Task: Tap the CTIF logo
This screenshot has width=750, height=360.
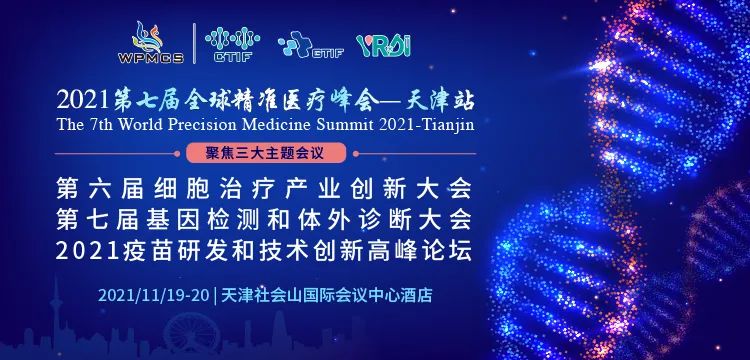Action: point(225,43)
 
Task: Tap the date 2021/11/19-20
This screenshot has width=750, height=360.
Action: point(152,296)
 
